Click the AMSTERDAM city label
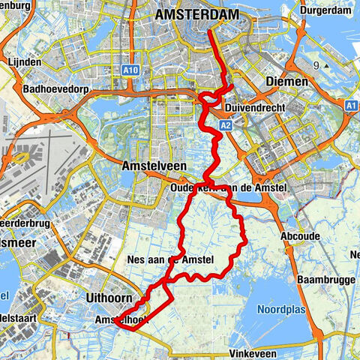198,14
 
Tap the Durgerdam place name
325,10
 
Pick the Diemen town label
283,81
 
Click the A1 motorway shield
350,107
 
